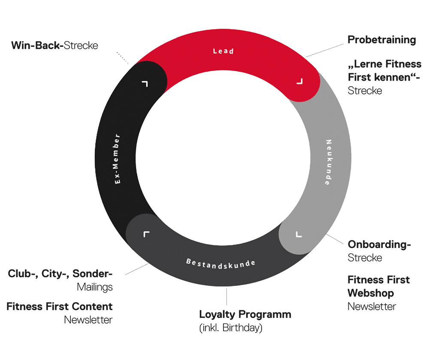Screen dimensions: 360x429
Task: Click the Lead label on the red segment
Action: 223,51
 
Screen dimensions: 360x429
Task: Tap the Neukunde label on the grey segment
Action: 328,162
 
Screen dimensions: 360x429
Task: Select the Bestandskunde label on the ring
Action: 221,262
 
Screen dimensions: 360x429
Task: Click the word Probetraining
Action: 382,40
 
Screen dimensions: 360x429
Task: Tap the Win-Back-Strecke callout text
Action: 54,45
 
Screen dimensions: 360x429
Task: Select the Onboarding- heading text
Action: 379,245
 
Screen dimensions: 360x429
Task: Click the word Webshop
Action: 371,293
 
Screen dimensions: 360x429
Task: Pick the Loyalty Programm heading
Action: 245,314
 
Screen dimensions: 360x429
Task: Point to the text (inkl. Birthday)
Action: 231,328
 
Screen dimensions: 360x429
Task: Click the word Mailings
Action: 95,287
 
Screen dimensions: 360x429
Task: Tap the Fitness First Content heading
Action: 60,306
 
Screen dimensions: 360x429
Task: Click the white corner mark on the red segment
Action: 299,81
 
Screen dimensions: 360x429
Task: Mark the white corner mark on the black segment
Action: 145,83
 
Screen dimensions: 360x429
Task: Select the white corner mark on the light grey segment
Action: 299,234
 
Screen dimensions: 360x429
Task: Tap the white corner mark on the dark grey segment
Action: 147,234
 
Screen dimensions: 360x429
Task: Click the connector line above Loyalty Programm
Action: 227,296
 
